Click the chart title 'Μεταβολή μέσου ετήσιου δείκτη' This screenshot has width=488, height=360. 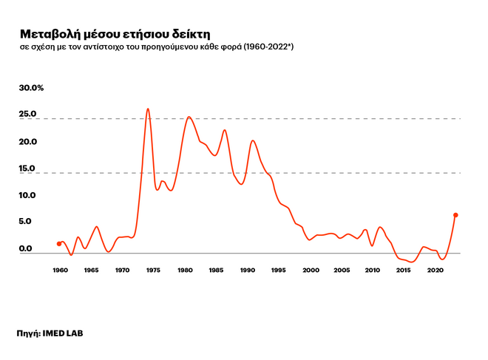tap(115, 34)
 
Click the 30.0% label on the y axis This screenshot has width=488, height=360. tap(32, 88)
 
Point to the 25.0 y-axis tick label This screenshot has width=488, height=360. tap(28, 115)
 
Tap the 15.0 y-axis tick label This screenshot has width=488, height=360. tap(28, 169)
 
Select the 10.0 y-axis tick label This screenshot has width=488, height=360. tap(28, 195)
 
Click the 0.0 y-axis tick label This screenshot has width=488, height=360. tap(27, 248)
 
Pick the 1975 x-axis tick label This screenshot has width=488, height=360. tap(153, 271)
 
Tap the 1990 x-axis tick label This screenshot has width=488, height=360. tap(248, 271)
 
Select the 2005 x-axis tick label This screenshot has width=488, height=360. tap(342, 271)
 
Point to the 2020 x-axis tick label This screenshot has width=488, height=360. tap(436, 271)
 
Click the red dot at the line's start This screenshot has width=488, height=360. tap(59, 243)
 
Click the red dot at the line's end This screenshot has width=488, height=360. tap(455, 215)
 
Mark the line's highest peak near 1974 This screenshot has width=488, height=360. tap(148, 109)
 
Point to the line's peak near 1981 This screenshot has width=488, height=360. tap(189, 117)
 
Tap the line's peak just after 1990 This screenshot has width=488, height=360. tap(253, 140)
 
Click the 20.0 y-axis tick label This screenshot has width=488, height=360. tap(28, 142)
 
